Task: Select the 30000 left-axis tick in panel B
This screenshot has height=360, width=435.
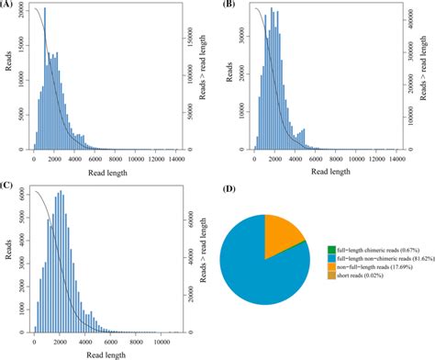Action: [239, 29]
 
